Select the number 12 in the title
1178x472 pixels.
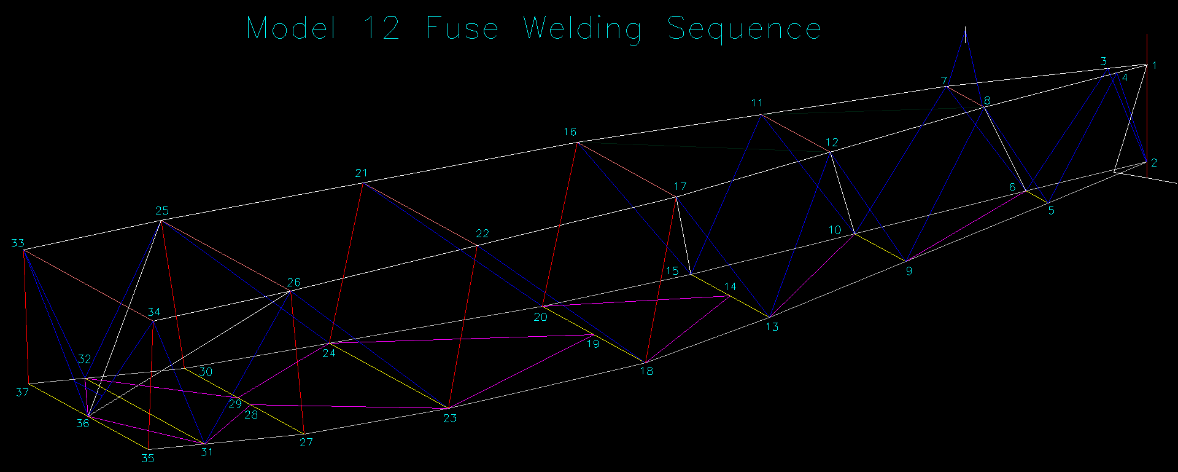coord(381,29)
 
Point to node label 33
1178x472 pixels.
coord(18,243)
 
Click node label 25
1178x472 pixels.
coord(162,211)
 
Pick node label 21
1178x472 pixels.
coord(361,173)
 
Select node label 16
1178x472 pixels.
coord(570,132)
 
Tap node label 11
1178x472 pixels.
coord(757,103)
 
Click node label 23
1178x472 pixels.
coord(450,419)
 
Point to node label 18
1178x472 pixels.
coord(646,371)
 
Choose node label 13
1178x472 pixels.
coord(772,327)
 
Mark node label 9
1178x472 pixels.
coord(909,271)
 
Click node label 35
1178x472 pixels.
coord(148,458)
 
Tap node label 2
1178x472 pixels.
coord(1154,163)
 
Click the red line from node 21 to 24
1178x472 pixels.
coord(346,262)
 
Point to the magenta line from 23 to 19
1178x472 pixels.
coord(521,372)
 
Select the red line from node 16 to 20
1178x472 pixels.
coord(559,224)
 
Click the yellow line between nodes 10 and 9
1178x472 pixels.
coord(880,247)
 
